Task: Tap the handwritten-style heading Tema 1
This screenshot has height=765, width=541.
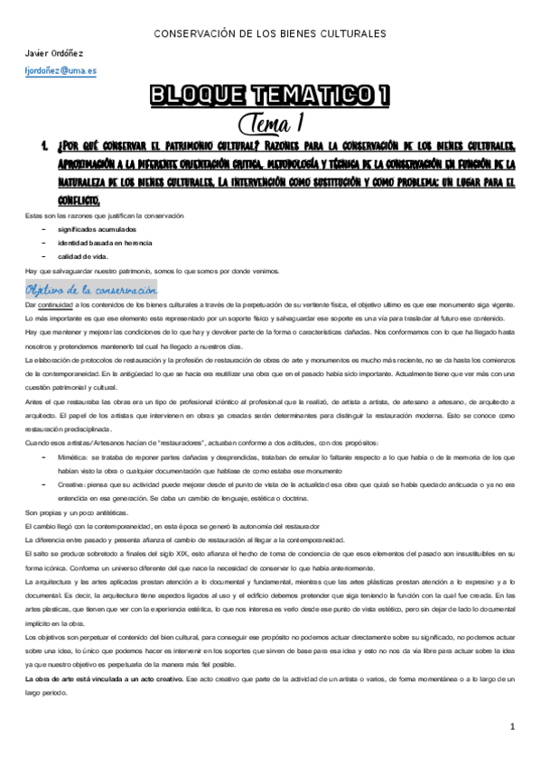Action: [x=271, y=122]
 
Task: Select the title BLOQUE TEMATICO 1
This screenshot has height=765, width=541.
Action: [x=271, y=95]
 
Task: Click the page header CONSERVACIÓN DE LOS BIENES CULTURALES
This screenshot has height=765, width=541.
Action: [x=271, y=34]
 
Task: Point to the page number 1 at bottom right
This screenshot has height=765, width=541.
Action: [x=512, y=726]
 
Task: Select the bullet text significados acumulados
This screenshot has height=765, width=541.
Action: [x=94, y=230]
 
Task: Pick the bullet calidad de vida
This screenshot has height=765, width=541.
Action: [x=82, y=257]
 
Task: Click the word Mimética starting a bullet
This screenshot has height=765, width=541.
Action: [x=75, y=457]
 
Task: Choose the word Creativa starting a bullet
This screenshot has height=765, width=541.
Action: [x=74, y=484]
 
